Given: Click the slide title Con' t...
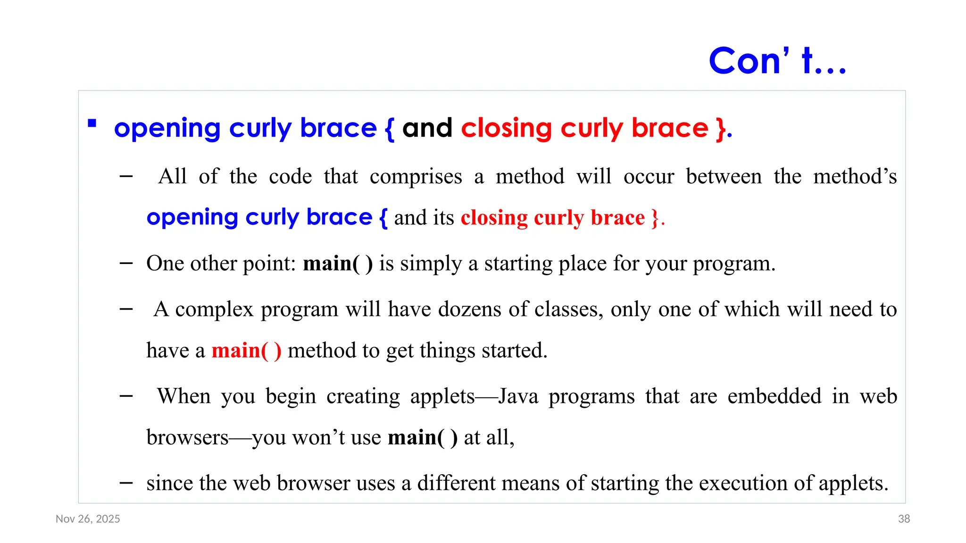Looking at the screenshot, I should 777,61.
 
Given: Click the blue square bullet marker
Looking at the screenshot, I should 92,124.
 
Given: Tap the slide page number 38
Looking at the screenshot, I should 904,519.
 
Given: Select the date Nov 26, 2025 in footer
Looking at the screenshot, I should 88,519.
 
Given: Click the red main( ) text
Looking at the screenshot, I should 246,351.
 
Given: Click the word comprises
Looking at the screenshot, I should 416,177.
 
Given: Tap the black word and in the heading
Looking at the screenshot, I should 427,128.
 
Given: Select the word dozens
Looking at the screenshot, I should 469,310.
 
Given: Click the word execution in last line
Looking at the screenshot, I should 741,483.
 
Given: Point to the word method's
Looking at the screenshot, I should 855,177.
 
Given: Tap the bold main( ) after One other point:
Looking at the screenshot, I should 338,263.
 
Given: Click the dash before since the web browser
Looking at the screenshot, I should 126,483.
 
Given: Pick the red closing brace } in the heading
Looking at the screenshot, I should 720,128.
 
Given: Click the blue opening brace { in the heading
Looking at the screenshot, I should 389,128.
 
